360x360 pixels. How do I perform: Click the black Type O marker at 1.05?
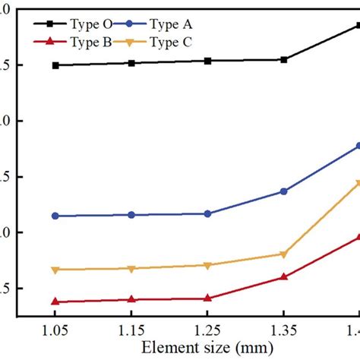tap(55, 65)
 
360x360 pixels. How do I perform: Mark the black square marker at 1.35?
tap(283, 59)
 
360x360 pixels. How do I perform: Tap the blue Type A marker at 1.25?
tap(207, 213)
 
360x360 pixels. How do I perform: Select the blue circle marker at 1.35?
tap(283, 191)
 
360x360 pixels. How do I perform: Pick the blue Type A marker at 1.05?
tap(55, 216)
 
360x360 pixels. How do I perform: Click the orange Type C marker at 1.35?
tap(283, 254)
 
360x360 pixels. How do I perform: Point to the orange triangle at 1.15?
tap(131, 269)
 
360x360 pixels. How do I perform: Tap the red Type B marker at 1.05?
tap(55, 302)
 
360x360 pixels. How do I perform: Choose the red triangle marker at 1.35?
tap(283, 277)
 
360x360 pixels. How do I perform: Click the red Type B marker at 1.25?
tap(207, 298)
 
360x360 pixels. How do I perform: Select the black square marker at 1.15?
tap(131, 63)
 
